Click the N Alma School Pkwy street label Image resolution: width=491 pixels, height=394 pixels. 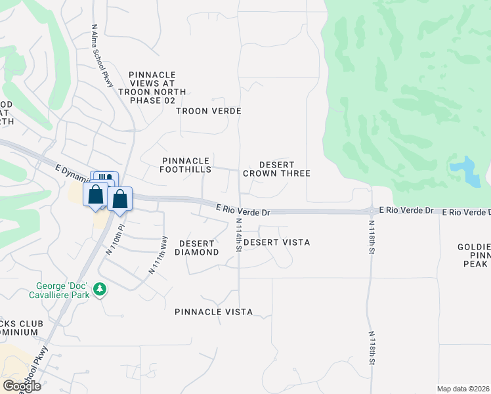pos(103,55)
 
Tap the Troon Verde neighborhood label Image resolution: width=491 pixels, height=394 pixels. pos(209,111)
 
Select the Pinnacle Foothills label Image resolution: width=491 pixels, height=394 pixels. pos(185,165)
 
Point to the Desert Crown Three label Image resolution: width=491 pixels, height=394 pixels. pos(276,169)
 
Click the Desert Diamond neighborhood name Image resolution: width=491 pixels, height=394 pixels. pos(196,248)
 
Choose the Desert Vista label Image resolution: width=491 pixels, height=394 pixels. pos(276,242)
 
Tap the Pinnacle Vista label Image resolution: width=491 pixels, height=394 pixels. pos(213,312)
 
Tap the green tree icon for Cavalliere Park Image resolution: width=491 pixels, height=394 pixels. pos(100,290)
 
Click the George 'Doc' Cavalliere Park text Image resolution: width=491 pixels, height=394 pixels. pos(64,292)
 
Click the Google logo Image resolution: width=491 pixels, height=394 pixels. pos(21,386)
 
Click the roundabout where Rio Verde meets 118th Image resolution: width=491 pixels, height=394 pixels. pos(372,211)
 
